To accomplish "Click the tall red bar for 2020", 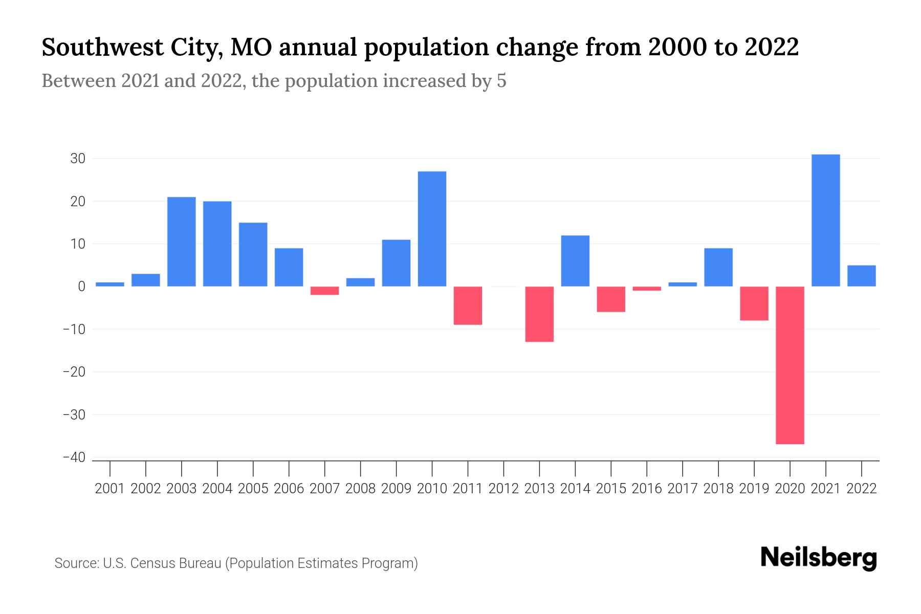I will [x=790, y=365].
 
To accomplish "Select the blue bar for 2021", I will [x=826, y=220].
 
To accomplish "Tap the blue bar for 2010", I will [x=432, y=229].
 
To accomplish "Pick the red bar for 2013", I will [x=539, y=314].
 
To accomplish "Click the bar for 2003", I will [x=182, y=242].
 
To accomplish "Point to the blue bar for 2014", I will [x=575, y=260].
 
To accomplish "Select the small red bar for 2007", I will [x=325, y=291].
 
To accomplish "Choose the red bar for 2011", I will [x=468, y=305].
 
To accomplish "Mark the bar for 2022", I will [x=862, y=276].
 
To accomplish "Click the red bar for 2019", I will [x=754, y=303].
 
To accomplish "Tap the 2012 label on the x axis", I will [x=503, y=489].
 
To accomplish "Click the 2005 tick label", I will [x=253, y=489].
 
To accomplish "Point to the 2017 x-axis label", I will [x=683, y=489].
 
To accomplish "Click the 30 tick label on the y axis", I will [x=78, y=159].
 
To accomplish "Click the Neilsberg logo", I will [x=819, y=558].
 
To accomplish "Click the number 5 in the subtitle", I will [x=501, y=81].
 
